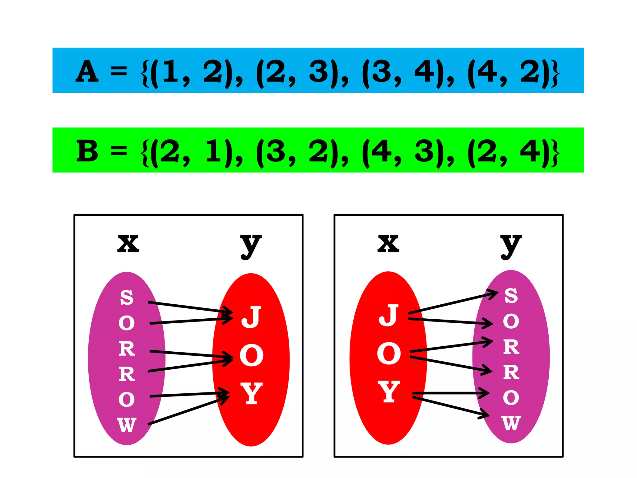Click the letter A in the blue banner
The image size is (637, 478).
[x=87, y=72]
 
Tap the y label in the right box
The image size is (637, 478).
[x=511, y=246]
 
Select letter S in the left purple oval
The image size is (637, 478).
[x=127, y=297]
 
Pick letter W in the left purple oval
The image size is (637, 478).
[x=127, y=425]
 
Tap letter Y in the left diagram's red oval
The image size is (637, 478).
[x=251, y=394]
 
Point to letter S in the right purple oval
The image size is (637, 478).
[x=511, y=296]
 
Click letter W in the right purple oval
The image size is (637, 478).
[x=511, y=423]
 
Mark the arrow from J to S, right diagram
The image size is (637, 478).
[x=451, y=302]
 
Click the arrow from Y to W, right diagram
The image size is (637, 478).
[x=451, y=406]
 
